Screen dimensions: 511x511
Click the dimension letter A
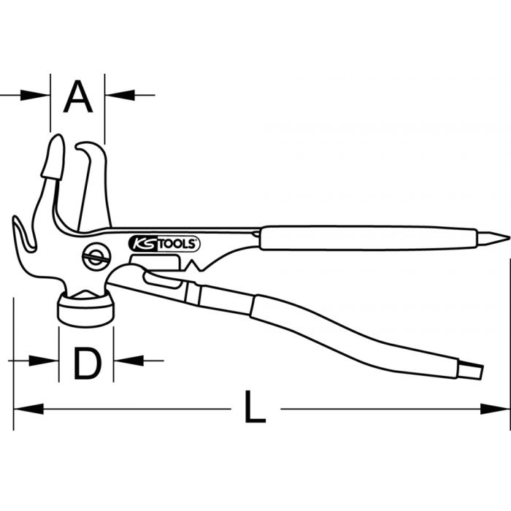point(78,97)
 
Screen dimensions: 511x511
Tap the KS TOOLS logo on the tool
point(164,244)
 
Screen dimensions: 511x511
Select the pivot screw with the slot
point(93,258)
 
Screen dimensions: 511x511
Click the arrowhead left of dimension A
point(40,94)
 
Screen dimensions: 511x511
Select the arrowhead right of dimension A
point(115,94)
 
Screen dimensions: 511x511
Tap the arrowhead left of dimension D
point(48,360)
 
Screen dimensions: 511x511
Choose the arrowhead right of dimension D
point(124,360)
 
